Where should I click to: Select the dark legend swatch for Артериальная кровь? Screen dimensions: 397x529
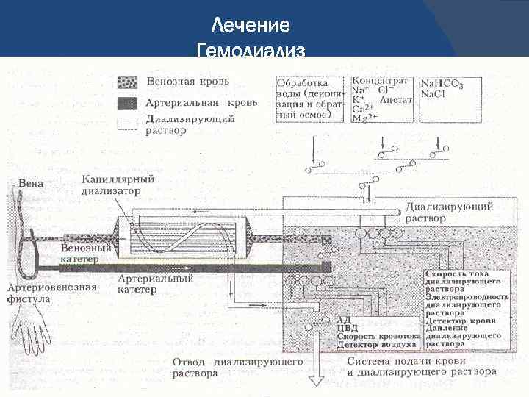(128, 102)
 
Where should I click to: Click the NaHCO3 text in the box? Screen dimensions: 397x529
(442, 85)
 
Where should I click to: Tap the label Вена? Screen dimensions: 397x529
(29, 182)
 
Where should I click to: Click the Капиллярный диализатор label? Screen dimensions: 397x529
(118, 184)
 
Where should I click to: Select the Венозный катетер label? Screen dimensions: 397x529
(86, 254)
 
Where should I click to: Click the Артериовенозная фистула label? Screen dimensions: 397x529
(51, 293)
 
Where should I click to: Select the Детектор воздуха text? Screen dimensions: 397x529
(376, 344)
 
